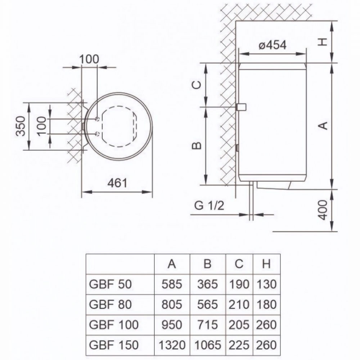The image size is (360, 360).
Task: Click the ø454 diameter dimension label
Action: click(273, 45)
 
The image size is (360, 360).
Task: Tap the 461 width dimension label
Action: click(117, 183)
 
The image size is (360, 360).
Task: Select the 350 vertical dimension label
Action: click(22, 126)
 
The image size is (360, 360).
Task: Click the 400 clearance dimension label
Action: click(323, 210)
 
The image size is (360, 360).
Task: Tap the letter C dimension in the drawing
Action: click(195, 85)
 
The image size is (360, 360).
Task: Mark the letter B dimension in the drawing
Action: click(195, 145)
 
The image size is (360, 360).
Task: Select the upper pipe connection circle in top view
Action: click(97, 119)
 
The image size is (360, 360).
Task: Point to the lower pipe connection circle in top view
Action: click(97, 134)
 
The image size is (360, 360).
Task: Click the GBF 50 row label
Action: click(110, 284)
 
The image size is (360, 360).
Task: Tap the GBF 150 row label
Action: click(113, 345)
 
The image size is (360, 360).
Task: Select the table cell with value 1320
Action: click(172, 345)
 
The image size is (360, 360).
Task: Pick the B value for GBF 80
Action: click(207, 304)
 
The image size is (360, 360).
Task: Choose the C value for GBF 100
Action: click(239, 324)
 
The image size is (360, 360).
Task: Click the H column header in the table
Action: click(266, 264)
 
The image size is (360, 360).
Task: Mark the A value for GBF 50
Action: click(172, 284)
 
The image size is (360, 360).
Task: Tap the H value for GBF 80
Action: click(266, 304)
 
